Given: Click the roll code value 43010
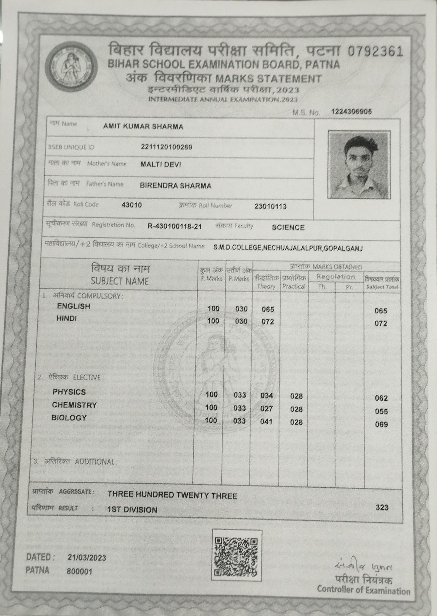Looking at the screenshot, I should tap(132, 205).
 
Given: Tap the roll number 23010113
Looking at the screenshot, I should tap(270, 206).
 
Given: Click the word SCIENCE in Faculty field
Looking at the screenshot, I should tap(288, 228).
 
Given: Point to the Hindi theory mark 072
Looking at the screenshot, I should tap(268, 322).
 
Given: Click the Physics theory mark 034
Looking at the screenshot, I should tap(266, 395).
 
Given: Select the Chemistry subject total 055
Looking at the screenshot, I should tap(381, 412).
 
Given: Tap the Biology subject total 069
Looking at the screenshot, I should tap(381, 425).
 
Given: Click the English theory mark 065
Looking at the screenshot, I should tap(268, 309).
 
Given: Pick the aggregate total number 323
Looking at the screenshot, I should tap(382, 507).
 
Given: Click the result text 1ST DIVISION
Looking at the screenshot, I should tap(132, 510).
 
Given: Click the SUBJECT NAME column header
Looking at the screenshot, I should tap(120, 281).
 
